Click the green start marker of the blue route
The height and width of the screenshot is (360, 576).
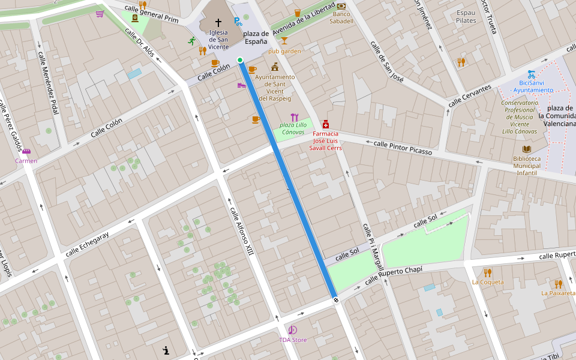pos(240,60)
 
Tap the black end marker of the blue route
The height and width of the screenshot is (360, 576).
pos(336,299)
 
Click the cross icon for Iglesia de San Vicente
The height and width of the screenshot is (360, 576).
pos(218,22)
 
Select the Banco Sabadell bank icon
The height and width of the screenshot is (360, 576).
pos(341,5)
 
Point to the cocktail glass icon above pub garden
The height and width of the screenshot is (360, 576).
pos(284,41)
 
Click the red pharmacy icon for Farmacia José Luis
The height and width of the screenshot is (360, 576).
pos(325,124)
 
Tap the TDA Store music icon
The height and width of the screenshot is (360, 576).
pos(292,330)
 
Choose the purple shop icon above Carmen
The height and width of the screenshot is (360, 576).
pos(26,151)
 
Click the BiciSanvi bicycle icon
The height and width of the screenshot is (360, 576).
pos(532,74)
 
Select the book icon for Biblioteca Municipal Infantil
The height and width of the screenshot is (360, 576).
pos(527,149)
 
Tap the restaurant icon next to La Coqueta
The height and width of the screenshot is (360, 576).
pos(487,272)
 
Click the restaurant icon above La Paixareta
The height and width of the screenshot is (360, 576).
pos(558,284)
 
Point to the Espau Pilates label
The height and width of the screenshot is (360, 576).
pos(466,16)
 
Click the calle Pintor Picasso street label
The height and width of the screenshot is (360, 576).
pos(403,148)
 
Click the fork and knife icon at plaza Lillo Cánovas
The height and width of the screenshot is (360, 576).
pos(294,117)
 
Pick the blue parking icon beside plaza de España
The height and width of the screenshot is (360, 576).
pos(238,22)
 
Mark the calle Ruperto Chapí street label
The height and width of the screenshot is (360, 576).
pos(394,275)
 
